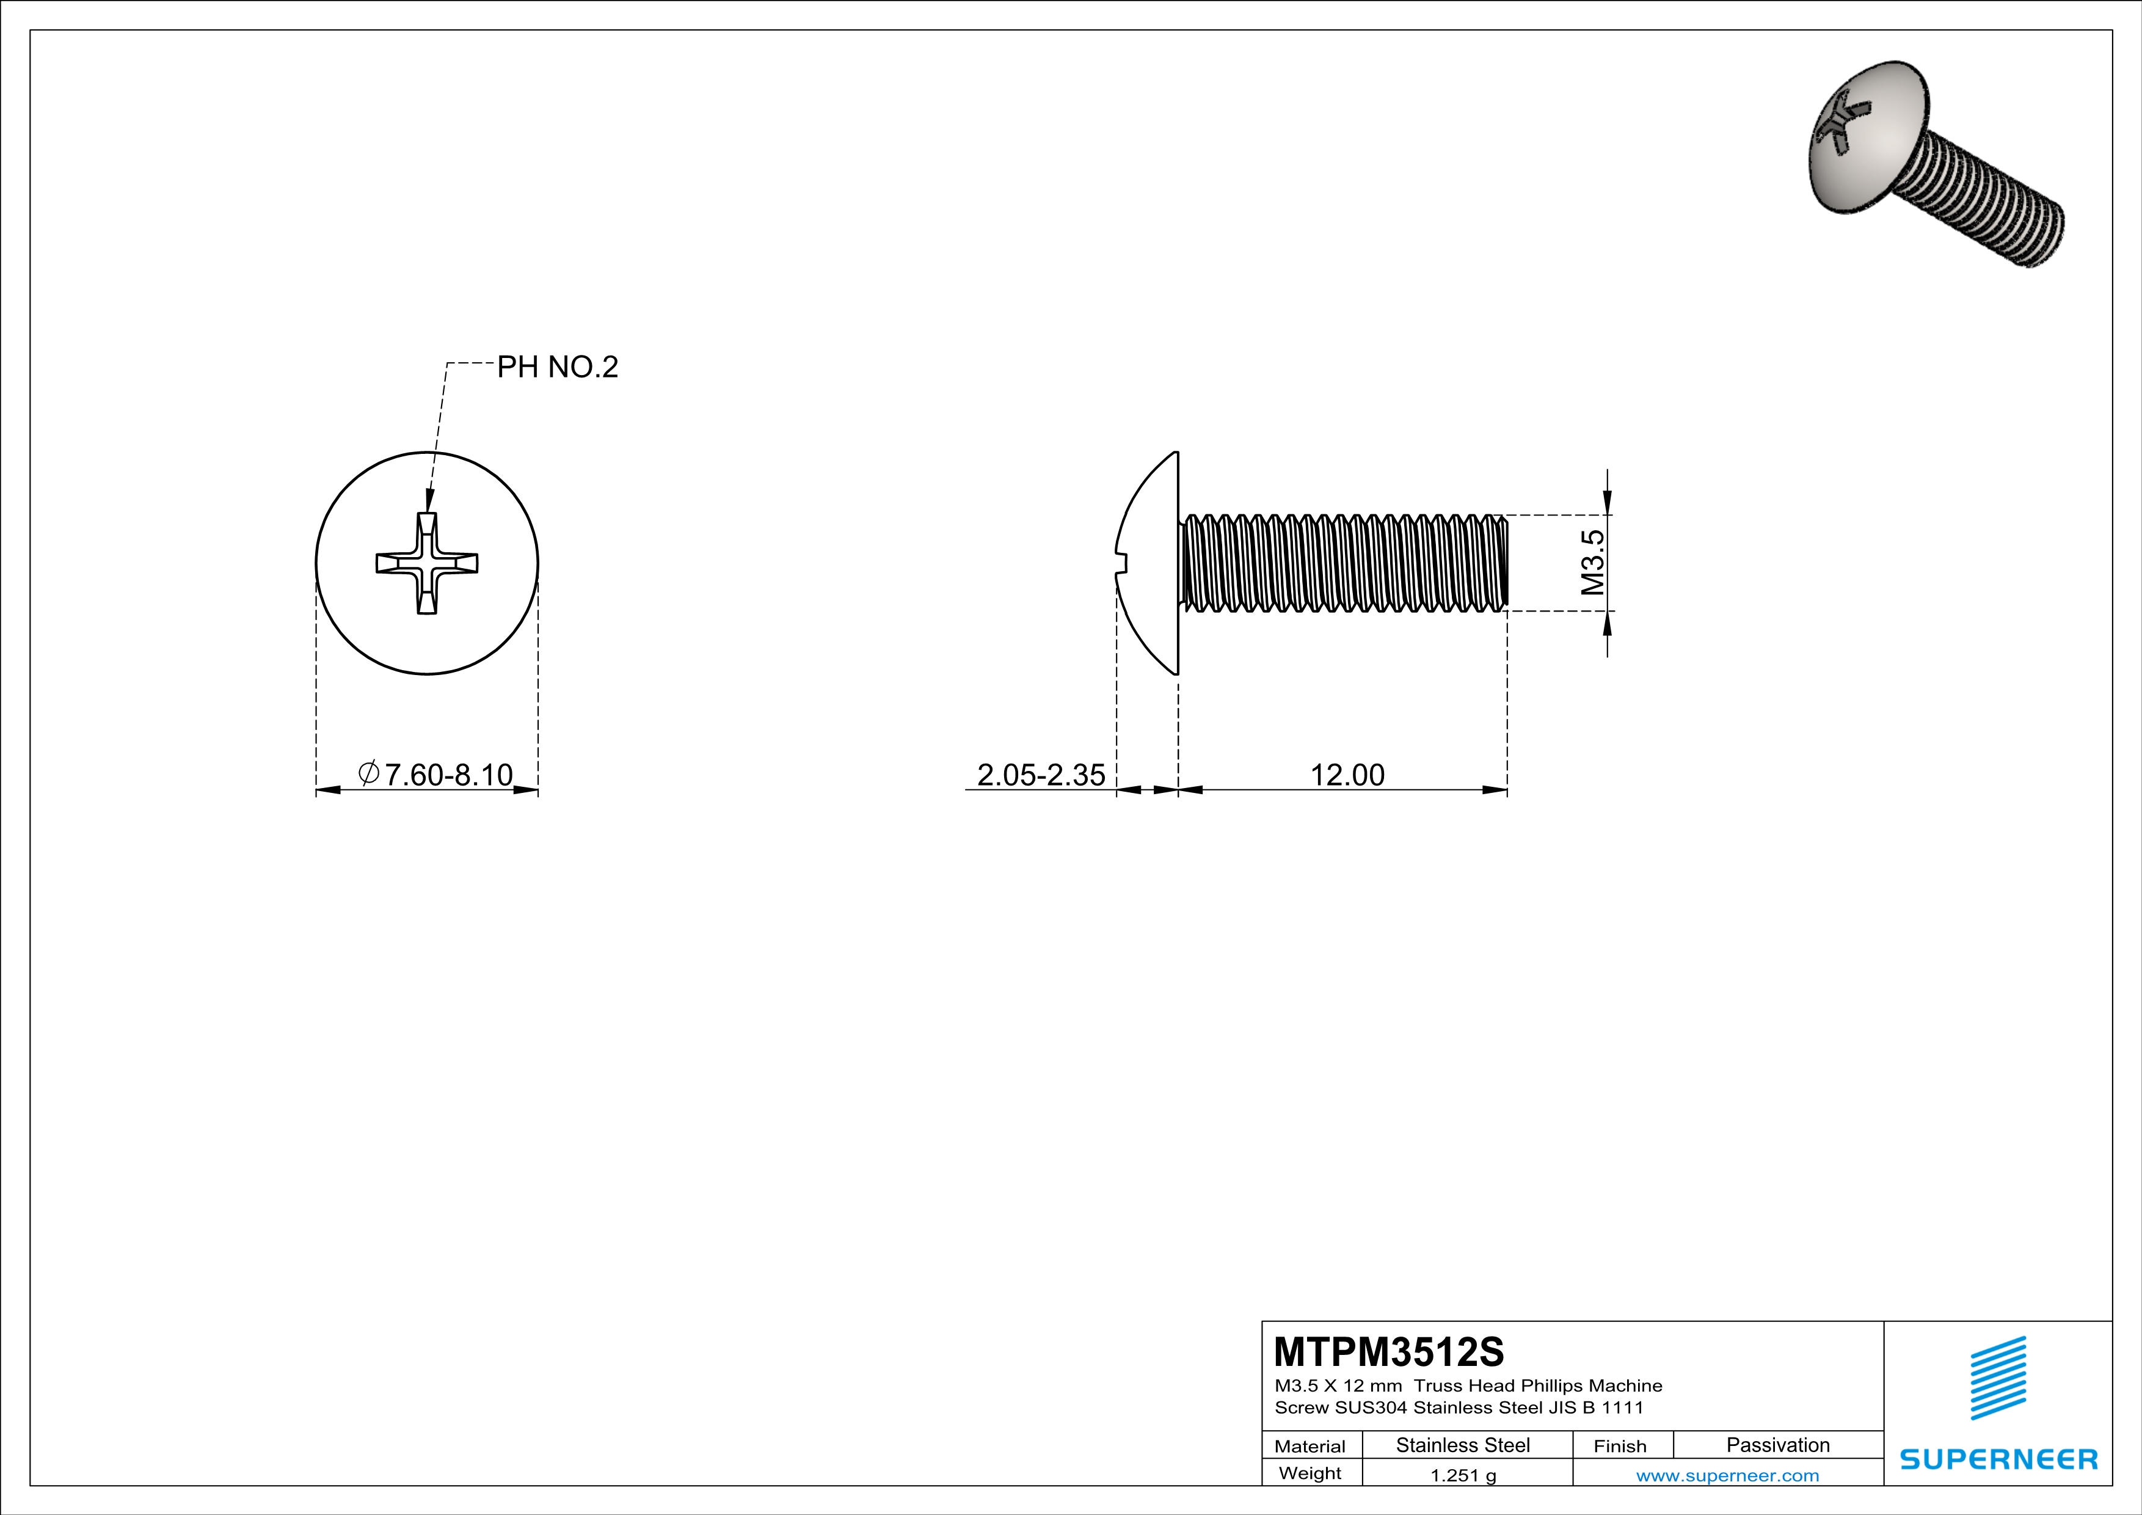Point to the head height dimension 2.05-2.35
click(1040, 774)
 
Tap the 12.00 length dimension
click(1347, 774)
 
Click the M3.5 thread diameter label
click(1592, 563)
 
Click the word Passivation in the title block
click(1777, 1445)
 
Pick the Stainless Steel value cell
click(1462, 1445)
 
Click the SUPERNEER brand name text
click(1998, 1459)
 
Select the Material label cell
click(1310, 1446)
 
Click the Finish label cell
click(1620, 1446)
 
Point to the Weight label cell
click(1310, 1473)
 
